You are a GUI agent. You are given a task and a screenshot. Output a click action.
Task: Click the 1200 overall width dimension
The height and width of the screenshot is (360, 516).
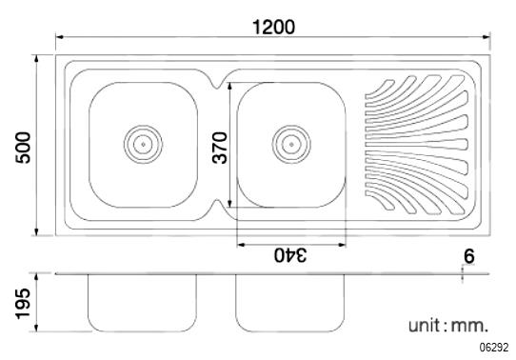274,27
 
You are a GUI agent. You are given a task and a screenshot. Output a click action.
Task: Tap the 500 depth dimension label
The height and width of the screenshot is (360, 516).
24,148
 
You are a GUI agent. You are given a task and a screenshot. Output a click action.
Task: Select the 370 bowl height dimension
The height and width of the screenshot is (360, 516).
220,148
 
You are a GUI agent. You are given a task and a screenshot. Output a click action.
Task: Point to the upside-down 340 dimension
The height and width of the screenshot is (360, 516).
291,255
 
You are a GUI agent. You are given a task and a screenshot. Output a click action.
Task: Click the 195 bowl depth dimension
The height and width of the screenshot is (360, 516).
23,304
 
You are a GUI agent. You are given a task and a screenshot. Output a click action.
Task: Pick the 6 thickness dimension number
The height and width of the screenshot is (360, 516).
469,256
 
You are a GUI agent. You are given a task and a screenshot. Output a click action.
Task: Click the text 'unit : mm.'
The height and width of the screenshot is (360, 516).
447,326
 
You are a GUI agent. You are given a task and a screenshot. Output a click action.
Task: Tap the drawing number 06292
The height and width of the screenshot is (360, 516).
493,348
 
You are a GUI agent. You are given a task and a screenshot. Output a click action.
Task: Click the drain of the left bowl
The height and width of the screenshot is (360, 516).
143,144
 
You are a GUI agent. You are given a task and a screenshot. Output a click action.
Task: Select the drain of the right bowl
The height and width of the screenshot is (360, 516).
291,144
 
